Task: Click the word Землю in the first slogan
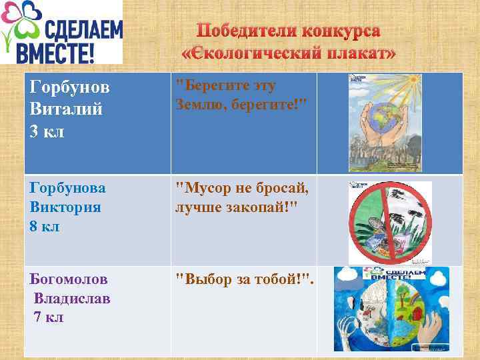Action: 200,105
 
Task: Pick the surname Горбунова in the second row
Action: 68,188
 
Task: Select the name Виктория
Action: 65,207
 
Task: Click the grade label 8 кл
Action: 45,226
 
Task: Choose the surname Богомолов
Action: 69,279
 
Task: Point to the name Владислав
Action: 72,298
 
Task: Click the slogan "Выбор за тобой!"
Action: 243,279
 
